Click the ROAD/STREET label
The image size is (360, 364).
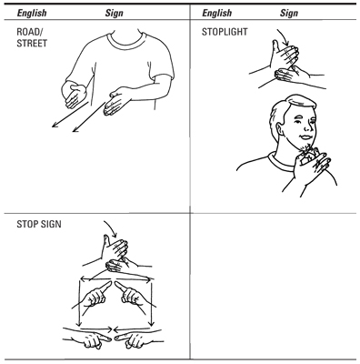pos(32,37)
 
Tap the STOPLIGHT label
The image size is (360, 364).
pos(225,32)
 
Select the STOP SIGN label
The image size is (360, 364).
pos(39,224)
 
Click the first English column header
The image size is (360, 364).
pos(32,13)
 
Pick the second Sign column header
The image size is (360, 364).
pos(289,13)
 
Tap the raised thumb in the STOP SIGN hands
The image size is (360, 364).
pos(105,240)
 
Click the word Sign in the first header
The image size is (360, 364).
pos(115,13)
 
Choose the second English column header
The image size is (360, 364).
pos(216,13)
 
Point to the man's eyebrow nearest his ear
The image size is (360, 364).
pos(299,116)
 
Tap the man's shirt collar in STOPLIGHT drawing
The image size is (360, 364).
pos(280,162)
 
